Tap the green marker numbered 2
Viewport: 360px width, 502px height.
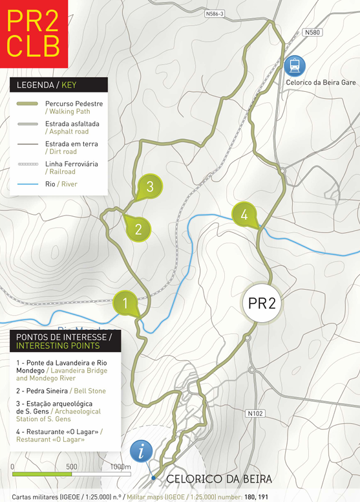tap(138, 228)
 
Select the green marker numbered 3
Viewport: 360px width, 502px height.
tap(149, 186)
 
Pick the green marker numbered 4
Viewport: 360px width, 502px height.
tap(244, 214)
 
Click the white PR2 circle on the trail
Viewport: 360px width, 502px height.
tap(262, 303)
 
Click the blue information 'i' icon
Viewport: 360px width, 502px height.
tap(142, 450)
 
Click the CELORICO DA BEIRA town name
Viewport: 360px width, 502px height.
tap(219, 479)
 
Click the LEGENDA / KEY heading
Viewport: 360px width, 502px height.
tap(58, 85)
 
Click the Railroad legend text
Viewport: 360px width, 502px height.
tap(62, 172)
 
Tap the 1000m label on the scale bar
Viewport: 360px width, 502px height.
tap(120, 466)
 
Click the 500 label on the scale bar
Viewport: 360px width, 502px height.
tap(71, 466)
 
